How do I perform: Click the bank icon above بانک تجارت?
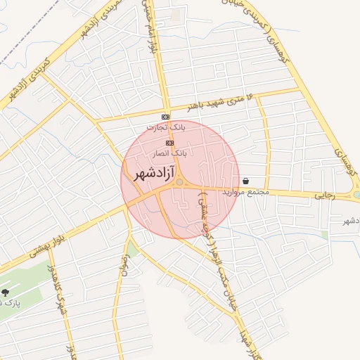[x=165, y=117]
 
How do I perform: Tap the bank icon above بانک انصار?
[x=169, y=142]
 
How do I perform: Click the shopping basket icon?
[x=245, y=181]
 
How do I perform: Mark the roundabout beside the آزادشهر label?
[x=180, y=183]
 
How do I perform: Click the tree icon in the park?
[x=6, y=292]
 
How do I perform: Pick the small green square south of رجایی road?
[x=324, y=234]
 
